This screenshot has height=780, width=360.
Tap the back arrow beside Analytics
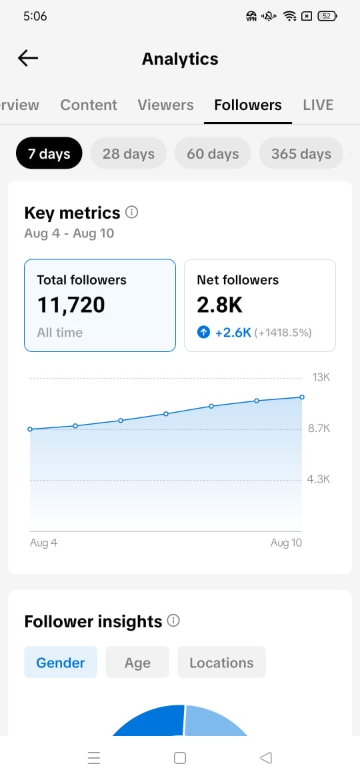click(28, 58)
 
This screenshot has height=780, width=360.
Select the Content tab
click(89, 105)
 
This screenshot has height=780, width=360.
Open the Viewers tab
click(165, 105)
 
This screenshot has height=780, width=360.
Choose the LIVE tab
click(318, 105)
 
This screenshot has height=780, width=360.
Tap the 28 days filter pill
click(128, 154)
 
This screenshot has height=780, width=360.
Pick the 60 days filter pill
click(213, 154)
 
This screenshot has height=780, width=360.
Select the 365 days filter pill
click(301, 154)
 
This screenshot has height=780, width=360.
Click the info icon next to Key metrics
click(132, 213)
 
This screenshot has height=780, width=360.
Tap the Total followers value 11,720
click(71, 305)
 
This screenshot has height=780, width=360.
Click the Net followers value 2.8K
click(220, 305)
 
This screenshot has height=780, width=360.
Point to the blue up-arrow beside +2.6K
click(203, 332)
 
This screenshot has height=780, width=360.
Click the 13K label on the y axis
click(321, 377)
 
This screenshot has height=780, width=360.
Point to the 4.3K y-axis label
click(319, 479)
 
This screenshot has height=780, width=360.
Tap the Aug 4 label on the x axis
click(44, 543)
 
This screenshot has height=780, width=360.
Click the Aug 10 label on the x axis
click(287, 543)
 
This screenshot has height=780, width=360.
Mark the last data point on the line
click(302, 397)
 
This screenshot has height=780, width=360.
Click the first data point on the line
click(30, 429)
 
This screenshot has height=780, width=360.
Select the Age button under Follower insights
click(137, 662)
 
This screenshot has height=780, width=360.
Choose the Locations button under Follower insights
click(221, 662)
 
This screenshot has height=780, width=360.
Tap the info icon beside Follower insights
click(173, 621)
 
